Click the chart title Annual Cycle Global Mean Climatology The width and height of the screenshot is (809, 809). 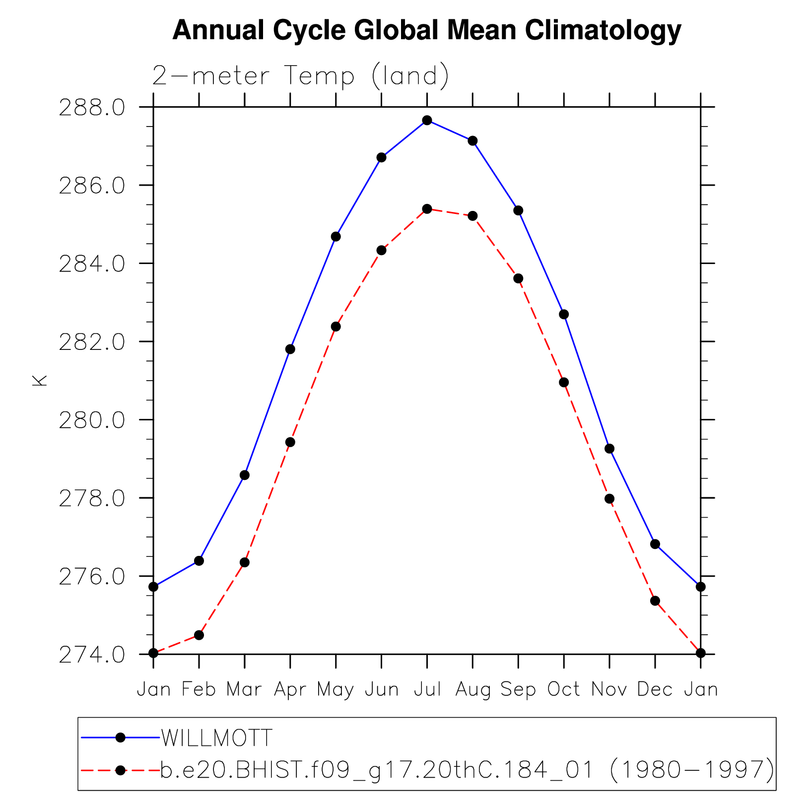[426, 31]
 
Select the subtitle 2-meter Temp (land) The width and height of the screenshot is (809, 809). [300, 76]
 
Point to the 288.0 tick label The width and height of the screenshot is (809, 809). [92, 108]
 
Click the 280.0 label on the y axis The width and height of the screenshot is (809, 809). [92, 420]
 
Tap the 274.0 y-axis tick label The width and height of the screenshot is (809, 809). [92, 655]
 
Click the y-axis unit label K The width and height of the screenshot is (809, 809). [39, 381]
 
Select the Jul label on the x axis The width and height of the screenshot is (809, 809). [427, 689]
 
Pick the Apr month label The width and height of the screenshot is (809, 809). [290, 689]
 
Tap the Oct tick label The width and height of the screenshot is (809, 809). [564, 689]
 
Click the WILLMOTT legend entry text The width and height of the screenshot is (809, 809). [217, 739]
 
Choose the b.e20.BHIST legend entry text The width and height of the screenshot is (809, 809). [467, 770]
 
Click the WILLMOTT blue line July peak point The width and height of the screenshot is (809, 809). [427, 120]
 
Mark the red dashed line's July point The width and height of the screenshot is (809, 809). [427, 208]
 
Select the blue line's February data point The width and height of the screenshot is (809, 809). [199, 561]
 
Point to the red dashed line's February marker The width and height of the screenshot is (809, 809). [199, 635]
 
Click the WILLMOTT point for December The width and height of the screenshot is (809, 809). [655, 544]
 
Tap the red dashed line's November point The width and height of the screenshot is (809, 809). [609, 499]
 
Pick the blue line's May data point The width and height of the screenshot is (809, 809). [336, 236]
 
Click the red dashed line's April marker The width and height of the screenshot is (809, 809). [290, 442]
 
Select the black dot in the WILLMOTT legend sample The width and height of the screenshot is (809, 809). [120, 738]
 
